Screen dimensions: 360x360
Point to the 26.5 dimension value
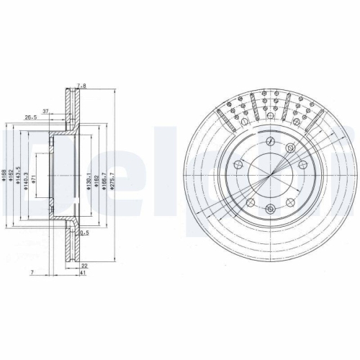(31, 117)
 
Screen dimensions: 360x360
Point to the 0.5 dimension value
(85, 233)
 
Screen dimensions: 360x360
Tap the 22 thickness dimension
(85, 265)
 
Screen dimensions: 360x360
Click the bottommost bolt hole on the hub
(270, 210)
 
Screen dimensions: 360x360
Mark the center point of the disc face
(270, 175)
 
